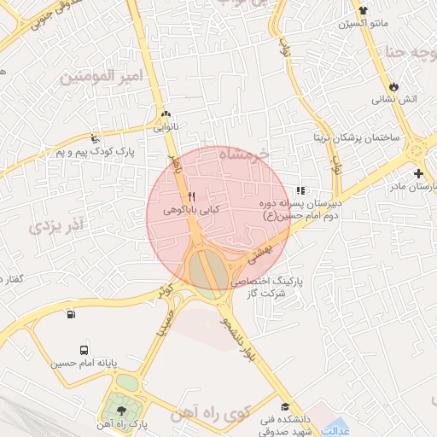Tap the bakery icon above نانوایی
coord(165,114)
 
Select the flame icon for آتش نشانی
coord(393,86)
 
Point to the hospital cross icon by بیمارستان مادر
coord(417,173)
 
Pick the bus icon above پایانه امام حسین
coord(84,350)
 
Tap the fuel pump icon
coord(70,314)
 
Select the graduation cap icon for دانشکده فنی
coord(284,406)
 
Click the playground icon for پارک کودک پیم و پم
coord(94,139)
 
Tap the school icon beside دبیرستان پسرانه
coord(300,190)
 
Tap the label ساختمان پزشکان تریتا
coord(353,137)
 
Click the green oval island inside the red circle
coord(203,269)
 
